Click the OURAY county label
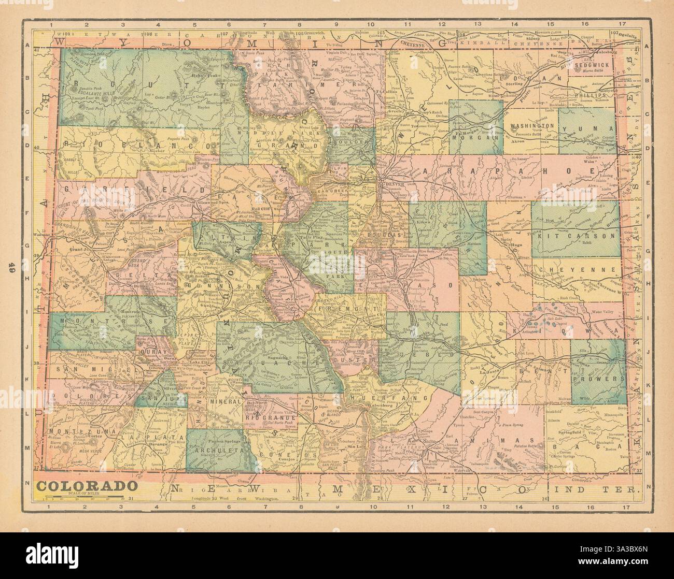[x=150, y=351]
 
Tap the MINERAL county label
[x=227, y=401]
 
